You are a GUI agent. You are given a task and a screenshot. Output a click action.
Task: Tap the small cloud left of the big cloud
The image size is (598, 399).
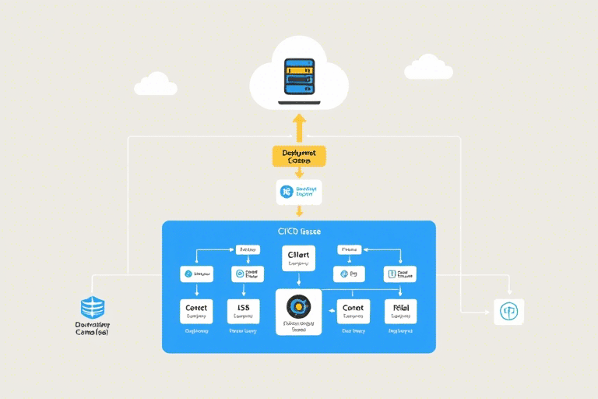pos(155,83)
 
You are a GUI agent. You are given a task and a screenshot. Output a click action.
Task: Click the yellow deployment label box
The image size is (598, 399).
pos(299,155)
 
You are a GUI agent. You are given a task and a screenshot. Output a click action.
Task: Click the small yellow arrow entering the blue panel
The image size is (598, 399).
pos(300,212)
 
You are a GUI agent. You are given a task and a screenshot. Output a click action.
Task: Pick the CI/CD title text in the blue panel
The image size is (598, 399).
pos(299,231)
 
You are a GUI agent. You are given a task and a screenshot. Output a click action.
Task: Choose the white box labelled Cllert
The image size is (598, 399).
pos(299,258)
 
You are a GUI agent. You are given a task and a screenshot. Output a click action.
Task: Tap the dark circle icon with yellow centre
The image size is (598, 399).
pos(299,305)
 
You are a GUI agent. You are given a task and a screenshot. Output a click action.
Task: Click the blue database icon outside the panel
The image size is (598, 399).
pos(93,307)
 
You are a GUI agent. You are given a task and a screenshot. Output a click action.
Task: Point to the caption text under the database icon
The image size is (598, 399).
pos(93,328)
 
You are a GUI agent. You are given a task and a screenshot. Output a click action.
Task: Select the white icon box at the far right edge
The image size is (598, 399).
pos(509,312)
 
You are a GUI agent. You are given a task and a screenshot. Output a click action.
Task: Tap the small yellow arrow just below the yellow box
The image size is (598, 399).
pos(300,173)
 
